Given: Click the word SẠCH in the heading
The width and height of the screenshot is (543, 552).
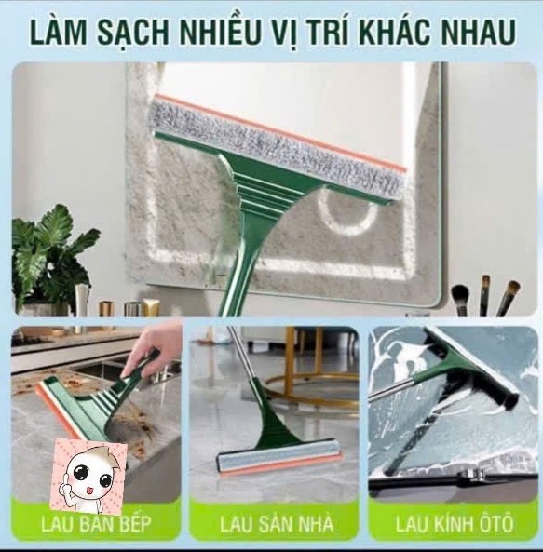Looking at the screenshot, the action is click(x=133, y=33).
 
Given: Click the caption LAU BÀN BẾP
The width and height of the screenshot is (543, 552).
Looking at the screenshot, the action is click(x=96, y=524).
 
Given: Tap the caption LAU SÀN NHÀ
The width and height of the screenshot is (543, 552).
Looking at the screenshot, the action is click(x=276, y=524).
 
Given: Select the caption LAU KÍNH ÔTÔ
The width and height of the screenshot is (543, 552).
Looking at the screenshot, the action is click(x=455, y=523).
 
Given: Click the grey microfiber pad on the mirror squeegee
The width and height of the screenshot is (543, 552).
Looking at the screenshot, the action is click(x=278, y=147).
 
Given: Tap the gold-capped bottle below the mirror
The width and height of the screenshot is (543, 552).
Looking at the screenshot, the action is click(x=105, y=309).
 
